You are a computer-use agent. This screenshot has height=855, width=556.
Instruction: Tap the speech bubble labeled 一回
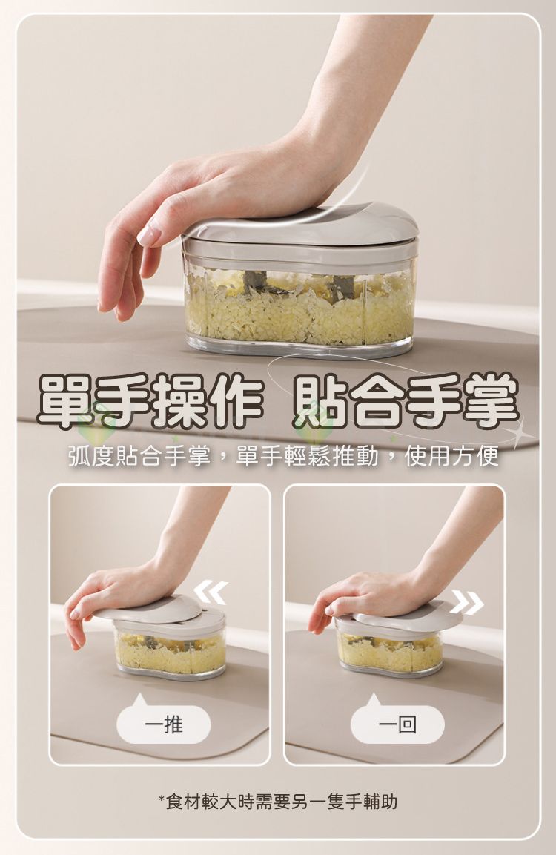pos(397,724)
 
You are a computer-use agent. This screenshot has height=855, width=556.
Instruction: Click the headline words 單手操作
pos(148,401)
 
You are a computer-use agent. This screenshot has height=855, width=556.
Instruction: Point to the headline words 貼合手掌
pos(406,401)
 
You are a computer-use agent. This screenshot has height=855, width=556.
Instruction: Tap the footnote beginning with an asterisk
pos(277,801)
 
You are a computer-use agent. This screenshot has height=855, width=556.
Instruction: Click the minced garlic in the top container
pos(297,308)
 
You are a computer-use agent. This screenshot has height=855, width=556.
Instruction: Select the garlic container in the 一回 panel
pos(389,651)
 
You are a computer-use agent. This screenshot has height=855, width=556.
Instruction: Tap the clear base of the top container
pos(300,347)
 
